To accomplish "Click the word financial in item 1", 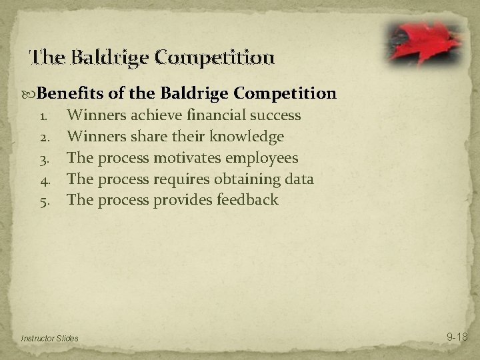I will [x=215, y=115].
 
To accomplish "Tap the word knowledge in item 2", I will [x=247, y=137].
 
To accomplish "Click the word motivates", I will [x=188, y=158].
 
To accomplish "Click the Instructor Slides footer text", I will [x=49, y=339].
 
